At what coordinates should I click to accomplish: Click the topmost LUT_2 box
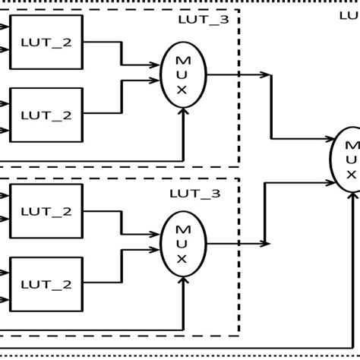[x=46, y=43]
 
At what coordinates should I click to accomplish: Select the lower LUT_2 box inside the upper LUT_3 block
[x=46, y=115]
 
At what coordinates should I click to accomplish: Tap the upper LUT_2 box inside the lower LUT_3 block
[x=46, y=210]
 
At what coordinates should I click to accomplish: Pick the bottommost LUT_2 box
[x=46, y=284]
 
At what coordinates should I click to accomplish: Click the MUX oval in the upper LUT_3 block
[x=183, y=74]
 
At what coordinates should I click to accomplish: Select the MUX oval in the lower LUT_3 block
[x=183, y=244]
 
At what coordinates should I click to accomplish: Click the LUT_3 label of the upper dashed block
[x=203, y=20]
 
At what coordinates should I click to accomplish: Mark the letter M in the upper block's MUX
[x=183, y=59]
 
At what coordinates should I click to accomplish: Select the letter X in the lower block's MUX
[x=183, y=259]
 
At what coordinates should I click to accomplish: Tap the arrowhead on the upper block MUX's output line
[x=267, y=74]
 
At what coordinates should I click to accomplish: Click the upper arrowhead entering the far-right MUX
[x=332, y=139]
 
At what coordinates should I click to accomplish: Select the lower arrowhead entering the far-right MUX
[x=332, y=182]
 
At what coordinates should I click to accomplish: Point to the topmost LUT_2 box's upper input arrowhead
[x=5, y=30]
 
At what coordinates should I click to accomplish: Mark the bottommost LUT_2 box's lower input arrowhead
[x=5, y=298]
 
